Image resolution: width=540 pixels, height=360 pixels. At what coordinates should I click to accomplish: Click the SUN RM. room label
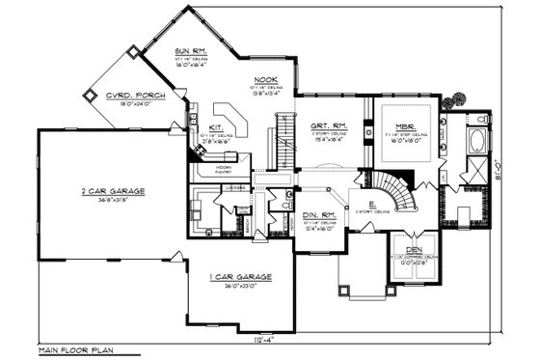point(190,50)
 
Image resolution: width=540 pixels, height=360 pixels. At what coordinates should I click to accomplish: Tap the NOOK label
point(266,80)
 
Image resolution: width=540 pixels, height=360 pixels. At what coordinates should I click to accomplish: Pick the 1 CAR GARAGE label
point(240,276)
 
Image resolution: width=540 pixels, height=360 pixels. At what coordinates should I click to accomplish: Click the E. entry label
point(359,204)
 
